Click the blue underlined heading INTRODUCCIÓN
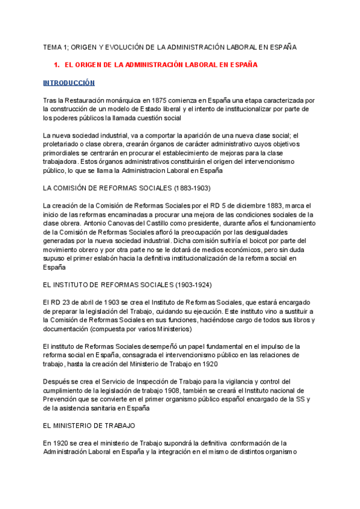coord(69,82)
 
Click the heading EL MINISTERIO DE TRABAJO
coord(89,426)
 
